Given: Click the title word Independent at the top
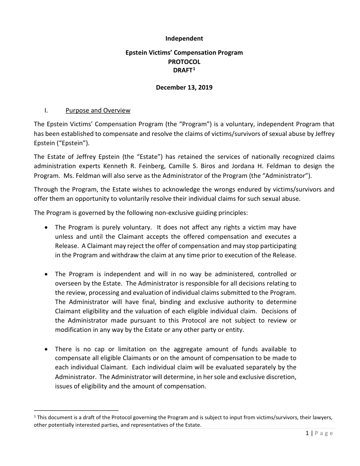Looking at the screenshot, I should (184, 39).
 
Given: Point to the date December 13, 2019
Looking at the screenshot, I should (184, 87).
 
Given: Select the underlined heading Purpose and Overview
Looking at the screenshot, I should (97, 110).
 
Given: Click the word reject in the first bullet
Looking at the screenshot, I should (124, 245).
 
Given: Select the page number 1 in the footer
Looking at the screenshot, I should (307, 433).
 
